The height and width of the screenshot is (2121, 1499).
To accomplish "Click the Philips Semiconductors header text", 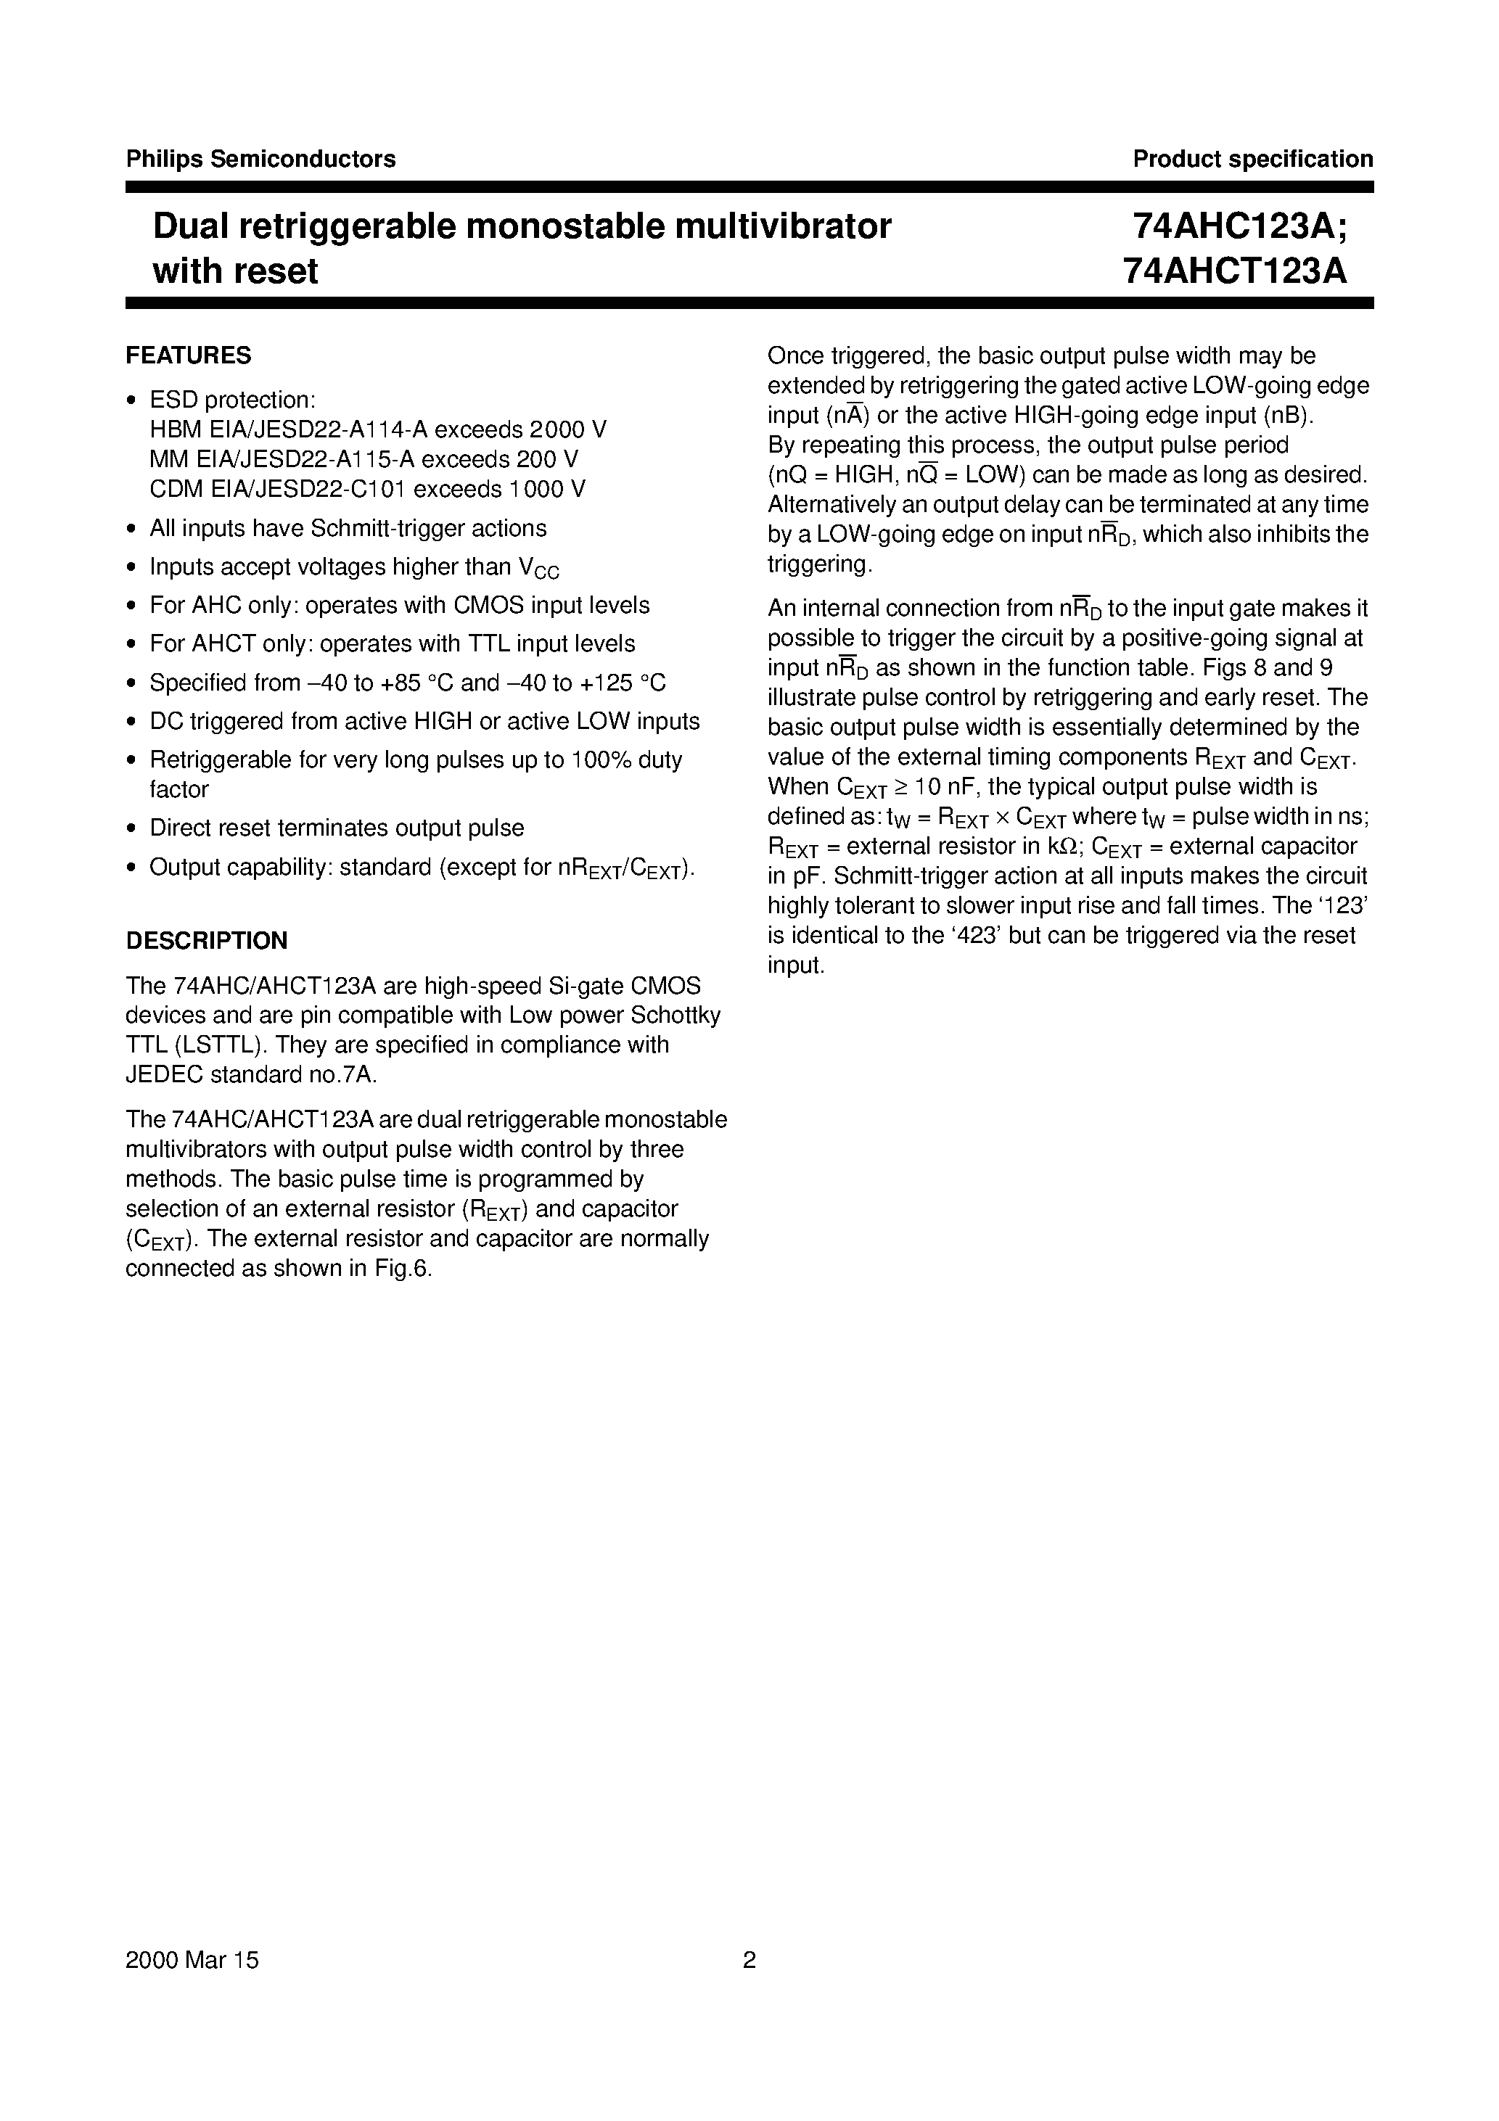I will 260,159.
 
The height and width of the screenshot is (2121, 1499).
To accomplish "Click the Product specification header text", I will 1252,159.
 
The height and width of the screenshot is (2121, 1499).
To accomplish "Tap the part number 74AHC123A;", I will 1239,226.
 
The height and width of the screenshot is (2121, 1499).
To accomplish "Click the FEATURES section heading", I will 189,355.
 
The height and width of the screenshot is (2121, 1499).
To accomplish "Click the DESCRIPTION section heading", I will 206,940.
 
